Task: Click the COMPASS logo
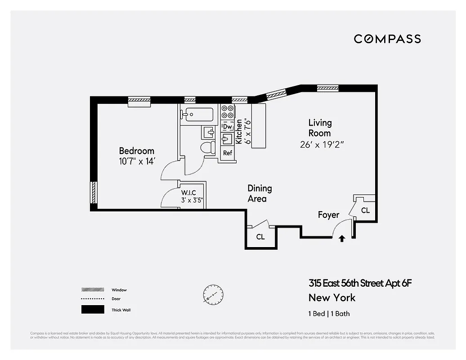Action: pos(387,39)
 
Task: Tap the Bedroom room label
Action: pos(136,151)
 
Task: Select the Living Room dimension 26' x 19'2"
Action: pos(323,145)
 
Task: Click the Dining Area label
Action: pos(260,193)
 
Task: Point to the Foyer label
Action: pos(328,215)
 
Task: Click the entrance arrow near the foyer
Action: pos(342,238)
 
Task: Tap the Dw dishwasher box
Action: pos(227,127)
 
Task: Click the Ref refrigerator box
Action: pos(228,153)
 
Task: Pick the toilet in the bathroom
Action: pos(207,147)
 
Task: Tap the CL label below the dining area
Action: pos(260,237)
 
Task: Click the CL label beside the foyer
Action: pos(365,210)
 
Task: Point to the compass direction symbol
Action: pos(213,294)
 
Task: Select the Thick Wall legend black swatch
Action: pos(92,310)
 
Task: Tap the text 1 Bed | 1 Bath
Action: pos(329,314)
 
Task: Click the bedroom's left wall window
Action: pos(94,192)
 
